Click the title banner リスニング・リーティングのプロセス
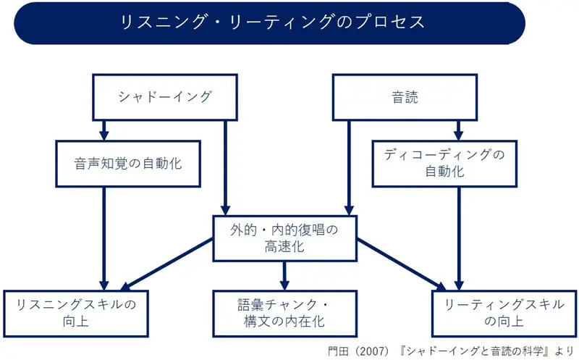tap(270, 22)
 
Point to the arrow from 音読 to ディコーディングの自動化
tap(458, 130)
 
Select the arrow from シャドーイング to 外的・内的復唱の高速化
tap(226, 167)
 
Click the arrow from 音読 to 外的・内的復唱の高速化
tap(350, 167)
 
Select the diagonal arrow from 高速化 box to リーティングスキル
tap(402, 264)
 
